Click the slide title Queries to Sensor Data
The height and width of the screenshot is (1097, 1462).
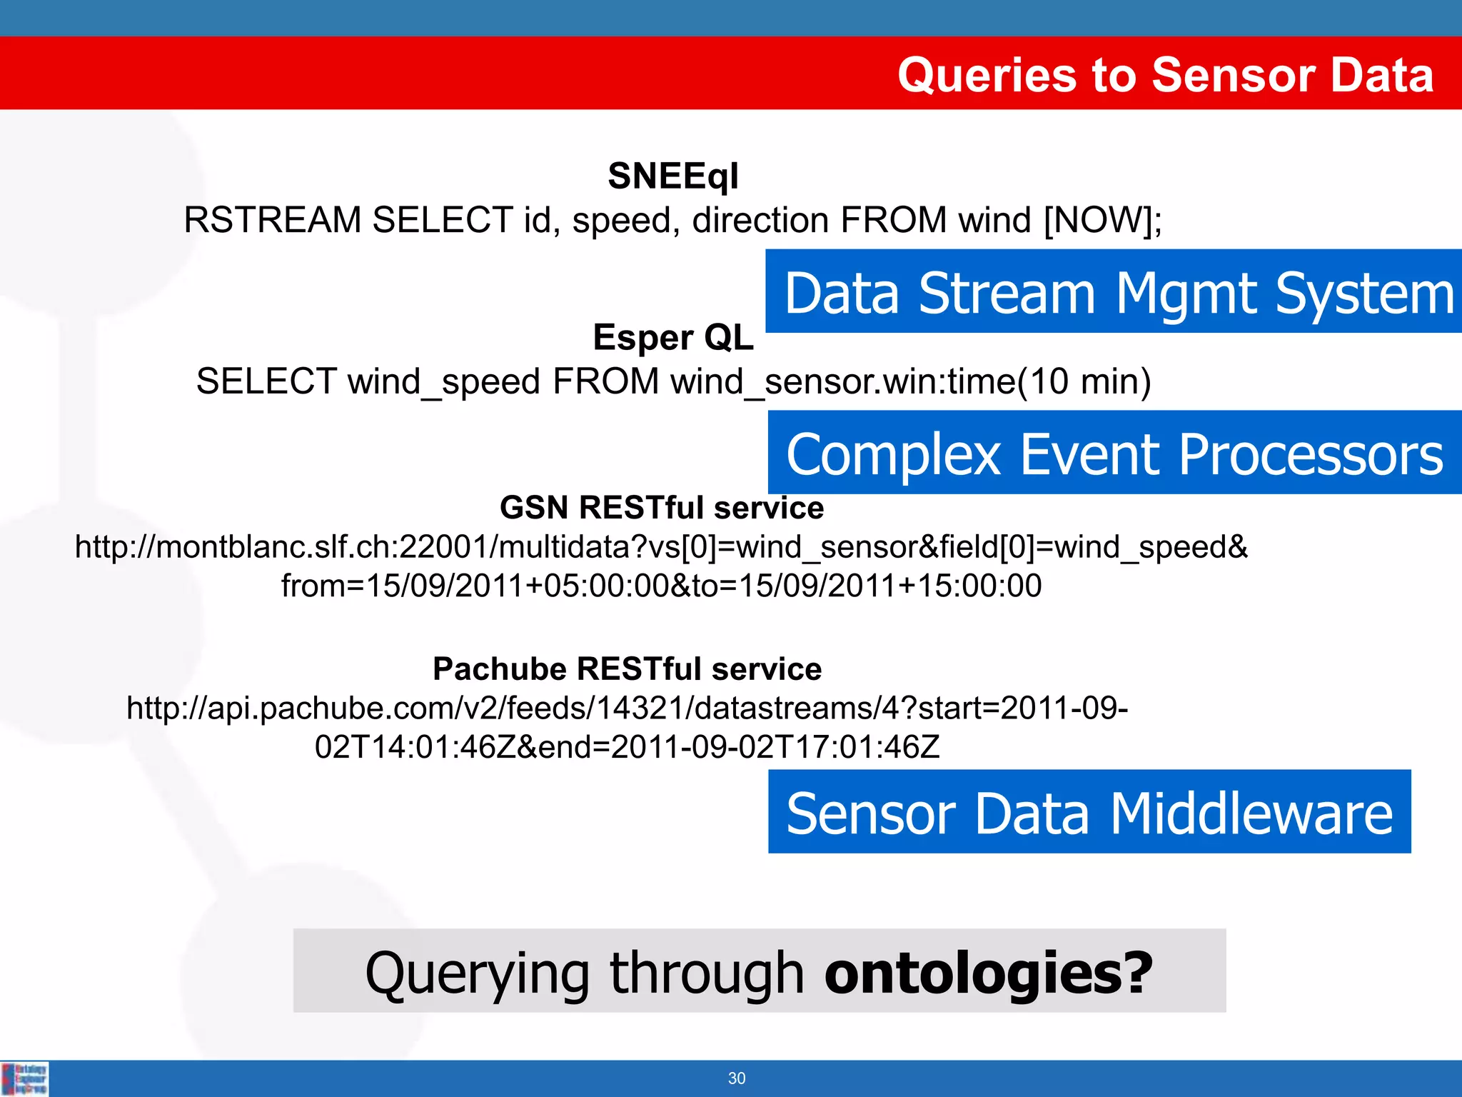click(1165, 75)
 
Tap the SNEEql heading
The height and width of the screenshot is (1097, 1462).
click(673, 176)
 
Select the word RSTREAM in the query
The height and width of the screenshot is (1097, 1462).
click(272, 220)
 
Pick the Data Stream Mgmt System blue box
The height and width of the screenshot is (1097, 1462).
click(1114, 291)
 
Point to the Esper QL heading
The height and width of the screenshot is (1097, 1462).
click(673, 337)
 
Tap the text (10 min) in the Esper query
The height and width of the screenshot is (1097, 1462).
click(1084, 381)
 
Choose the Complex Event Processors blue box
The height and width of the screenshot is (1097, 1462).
click(1114, 453)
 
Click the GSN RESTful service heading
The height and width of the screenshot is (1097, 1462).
click(662, 508)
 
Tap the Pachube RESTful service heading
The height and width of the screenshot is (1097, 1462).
click(627, 669)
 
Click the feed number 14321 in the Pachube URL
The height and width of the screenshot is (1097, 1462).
click(640, 708)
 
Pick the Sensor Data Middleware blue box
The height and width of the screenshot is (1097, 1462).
click(1089, 812)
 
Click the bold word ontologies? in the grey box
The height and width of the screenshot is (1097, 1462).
click(988, 972)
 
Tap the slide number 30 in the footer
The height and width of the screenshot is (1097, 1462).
click(737, 1078)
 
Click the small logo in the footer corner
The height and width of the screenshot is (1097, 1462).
click(25, 1078)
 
